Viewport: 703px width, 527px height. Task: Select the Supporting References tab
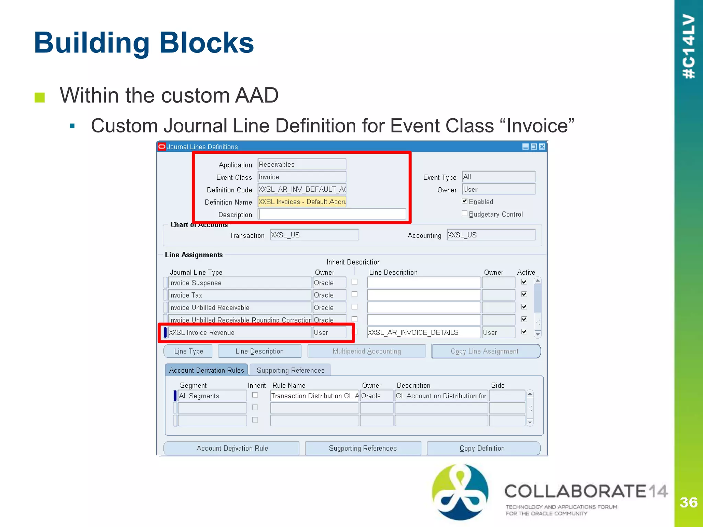pyautogui.click(x=290, y=370)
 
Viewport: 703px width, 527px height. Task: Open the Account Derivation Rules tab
pyautogui.click(x=206, y=370)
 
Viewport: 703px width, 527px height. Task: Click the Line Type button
pyautogui.click(x=188, y=351)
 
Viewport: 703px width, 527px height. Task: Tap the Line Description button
pyautogui.click(x=260, y=351)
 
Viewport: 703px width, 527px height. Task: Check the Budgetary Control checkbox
pyautogui.click(x=464, y=214)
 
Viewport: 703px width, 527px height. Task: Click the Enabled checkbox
pyautogui.click(x=464, y=201)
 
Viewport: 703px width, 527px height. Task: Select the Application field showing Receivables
pyautogui.click(x=302, y=164)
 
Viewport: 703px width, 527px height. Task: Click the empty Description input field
pyautogui.click(x=332, y=214)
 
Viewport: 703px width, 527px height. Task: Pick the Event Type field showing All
pyautogui.click(x=498, y=177)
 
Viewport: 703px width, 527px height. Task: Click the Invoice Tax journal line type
pyautogui.click(x=240, y=295)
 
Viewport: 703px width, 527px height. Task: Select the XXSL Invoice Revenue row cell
pyautogui.click(x=240, y=332)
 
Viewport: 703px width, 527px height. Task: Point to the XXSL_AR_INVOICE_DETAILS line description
pyautogui.click(x=423, y=332)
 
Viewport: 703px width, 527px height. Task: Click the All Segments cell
pyautogui.click(x=212, y=396)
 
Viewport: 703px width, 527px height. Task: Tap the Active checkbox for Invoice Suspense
pyautogui.click(x=524, y=282)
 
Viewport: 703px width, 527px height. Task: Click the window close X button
pyautogui.click(x=542, y=147)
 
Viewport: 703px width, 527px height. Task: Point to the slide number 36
pyautogui.click(x=689, y=503)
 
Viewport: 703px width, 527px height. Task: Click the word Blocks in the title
pyautogui.click(x=207, y=43)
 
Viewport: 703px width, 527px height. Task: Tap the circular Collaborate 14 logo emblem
pyautogui.click(x=460, y=492)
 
